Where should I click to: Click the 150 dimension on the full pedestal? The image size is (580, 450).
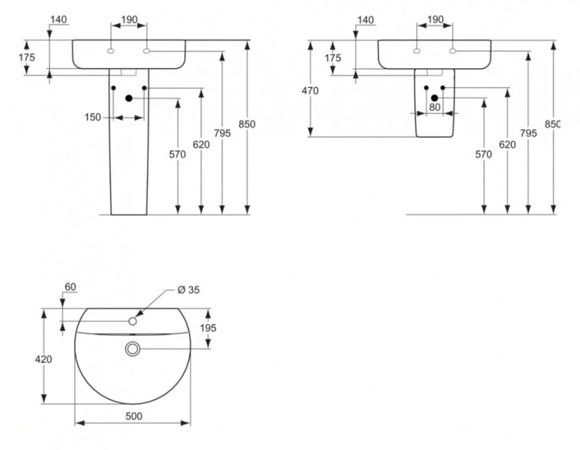tap(93, 118)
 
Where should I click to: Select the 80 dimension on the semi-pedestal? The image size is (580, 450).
tap(435, 106)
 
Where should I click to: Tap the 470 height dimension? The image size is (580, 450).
tap(310, 91)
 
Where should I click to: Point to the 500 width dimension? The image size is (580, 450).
tap(133, 415)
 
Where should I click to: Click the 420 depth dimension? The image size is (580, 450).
tap(44, 360)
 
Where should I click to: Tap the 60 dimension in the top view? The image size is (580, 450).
tap(71, 286)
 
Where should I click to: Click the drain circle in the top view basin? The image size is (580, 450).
tap(133, 349)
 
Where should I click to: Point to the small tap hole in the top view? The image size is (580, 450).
tap(133, 321)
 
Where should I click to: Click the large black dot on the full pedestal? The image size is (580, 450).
tap(129, 97)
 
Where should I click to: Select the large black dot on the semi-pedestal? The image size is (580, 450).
tap(435, 97)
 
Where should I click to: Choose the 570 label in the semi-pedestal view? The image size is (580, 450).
tap(483, 154)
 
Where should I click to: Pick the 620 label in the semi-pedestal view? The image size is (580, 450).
tap(507, 145)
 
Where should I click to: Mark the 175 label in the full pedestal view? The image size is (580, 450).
tap(26, 57)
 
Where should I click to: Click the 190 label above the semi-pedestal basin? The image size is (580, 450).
tap(435, 19)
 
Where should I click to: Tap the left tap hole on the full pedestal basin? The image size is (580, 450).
tap(111, 51)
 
